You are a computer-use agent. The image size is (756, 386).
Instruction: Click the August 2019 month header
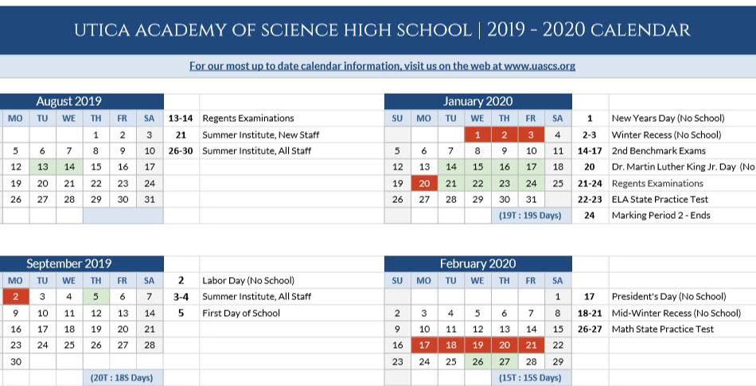(x=68, y=102)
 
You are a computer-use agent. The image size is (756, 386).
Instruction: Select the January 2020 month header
(x=477, y=102)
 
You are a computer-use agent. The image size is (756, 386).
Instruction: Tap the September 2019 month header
(x=68, y=263)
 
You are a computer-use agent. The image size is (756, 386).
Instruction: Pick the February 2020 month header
(x=477, y=263)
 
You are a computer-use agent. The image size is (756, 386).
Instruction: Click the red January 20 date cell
(x=424, y=183)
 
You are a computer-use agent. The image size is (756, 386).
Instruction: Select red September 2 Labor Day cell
(x=15, y=297)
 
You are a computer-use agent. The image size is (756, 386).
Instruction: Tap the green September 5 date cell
(x=95, y=297)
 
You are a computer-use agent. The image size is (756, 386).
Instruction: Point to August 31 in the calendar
(x=149, y=199)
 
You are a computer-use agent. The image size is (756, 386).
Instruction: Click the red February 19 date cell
(x=477, y=345)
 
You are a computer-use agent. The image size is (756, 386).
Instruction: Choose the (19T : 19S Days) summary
(x=530, y=216)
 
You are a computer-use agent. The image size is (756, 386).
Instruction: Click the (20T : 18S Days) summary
(x=122, y=378)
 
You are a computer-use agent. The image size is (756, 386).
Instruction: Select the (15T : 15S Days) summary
(x=530, y=378)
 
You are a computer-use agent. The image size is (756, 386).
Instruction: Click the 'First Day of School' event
(x=241, y=313)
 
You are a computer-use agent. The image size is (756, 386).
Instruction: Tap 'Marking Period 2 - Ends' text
(x=661, y=216)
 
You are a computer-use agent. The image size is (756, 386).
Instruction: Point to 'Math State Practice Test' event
(x=662, y=329)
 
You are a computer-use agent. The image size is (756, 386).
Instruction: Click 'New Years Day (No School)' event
(x=667, y=119)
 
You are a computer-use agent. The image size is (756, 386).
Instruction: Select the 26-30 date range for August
(x=181, y=150)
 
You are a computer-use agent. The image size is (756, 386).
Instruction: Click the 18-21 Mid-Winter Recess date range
(x=590, y=313)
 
